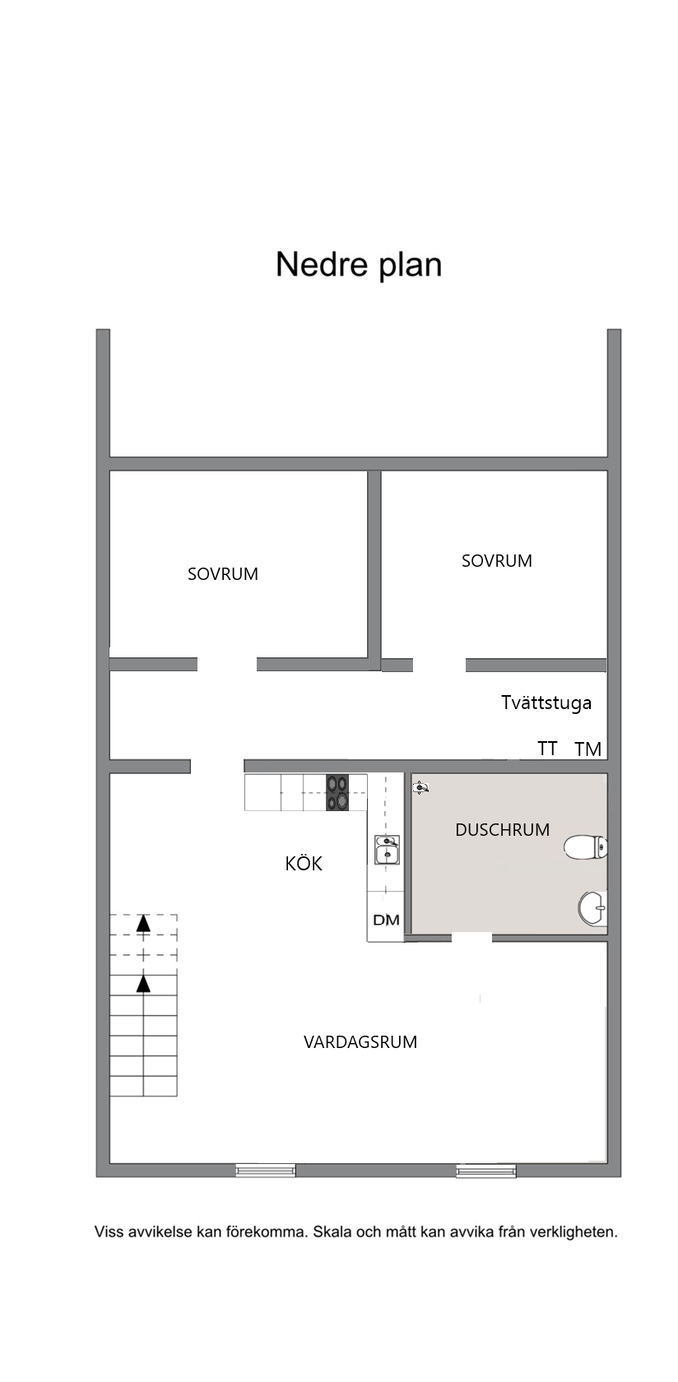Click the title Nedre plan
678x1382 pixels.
click(x=359, y=265)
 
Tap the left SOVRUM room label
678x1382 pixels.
click(x=223, y=574)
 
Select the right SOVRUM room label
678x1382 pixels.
click(x=497, y=561)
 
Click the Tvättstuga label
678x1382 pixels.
click(x=546, y=703)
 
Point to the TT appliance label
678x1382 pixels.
click(x=547, y=749)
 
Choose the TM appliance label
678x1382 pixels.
click(x=588, y=749)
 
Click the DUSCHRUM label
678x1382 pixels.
click(x=502, y=830)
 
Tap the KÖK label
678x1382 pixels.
click(x=304, y=862)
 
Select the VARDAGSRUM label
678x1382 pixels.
click(x=360, y=1042)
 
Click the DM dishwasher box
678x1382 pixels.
click(x=386, y=920)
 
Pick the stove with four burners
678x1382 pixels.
click(x=337, y=792)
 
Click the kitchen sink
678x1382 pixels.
click(x=387, y=850)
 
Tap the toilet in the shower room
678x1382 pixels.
click(x=586, y=847)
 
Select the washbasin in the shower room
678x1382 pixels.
click(x=592, y=908)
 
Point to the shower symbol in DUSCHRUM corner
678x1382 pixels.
click(x=420, y=787)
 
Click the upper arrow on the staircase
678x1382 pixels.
click(x=143, y=923)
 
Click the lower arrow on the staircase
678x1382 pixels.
click(x=143, y=984)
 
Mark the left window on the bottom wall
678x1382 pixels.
click(x=266, y=1170)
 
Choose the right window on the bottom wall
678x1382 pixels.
click(x=486, y=1171)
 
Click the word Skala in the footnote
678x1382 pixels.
click(x=332, y=1232)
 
